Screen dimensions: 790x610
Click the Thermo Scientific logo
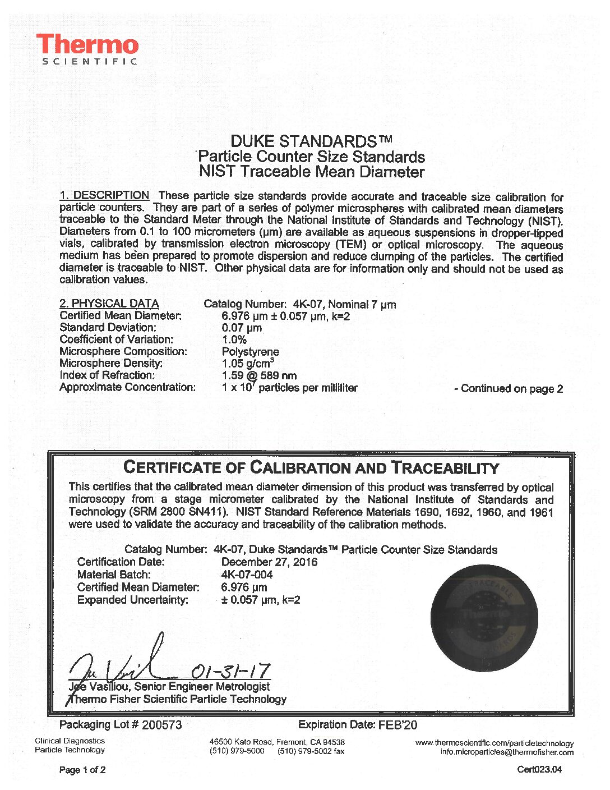coord(87,49)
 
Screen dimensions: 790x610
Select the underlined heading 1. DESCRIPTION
coord(104,195)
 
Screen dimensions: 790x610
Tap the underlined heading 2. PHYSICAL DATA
coord(109,304)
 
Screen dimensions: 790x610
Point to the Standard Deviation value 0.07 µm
coord(242,328)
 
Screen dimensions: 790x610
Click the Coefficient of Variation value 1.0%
coord(234,339)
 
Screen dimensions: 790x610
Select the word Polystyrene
coord(250,352)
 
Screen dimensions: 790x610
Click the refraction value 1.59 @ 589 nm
coord(259,375)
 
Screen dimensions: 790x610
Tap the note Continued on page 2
coord(509,389)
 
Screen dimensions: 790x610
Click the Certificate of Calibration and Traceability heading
coord(311,467)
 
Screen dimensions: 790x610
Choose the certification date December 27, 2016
coord(269,562)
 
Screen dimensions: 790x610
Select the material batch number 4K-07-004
coord(247,575)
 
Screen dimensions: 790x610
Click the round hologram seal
coord(483,618)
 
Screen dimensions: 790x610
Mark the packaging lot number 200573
coord(162,725)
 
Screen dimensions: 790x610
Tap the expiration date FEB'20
coord(398,725)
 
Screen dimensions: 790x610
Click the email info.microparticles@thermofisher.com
coord(507,752)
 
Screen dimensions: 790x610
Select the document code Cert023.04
coord(539,770)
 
